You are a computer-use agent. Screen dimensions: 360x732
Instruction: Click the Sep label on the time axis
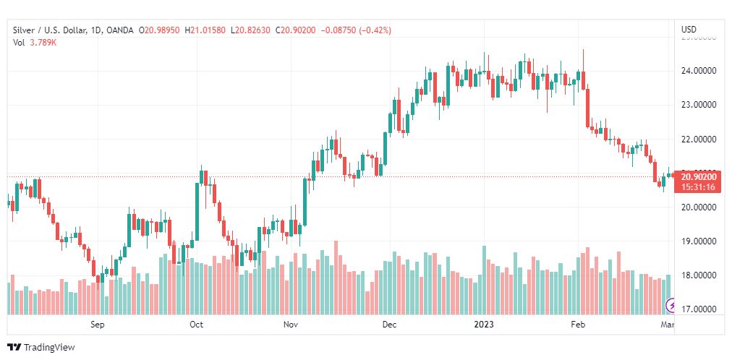click(98, 325)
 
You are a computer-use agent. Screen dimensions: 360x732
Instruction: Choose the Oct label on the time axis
click(196, 325)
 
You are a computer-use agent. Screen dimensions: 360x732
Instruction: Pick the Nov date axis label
click(291, 325)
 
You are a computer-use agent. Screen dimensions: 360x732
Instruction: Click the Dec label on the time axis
click(389, 325)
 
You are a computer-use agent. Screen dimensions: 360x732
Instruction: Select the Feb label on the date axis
click(577, 325)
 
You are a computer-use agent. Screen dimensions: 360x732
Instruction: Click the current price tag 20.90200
click(698, 176)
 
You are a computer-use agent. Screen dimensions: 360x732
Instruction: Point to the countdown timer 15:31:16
click(698, 187)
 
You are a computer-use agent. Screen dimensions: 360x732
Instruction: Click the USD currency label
click(689, 30)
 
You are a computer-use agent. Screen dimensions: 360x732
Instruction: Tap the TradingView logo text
click(49, 348)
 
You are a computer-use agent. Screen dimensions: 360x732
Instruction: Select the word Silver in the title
click(25, 30)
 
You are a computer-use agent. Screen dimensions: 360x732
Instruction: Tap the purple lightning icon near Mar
click(671, 307)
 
